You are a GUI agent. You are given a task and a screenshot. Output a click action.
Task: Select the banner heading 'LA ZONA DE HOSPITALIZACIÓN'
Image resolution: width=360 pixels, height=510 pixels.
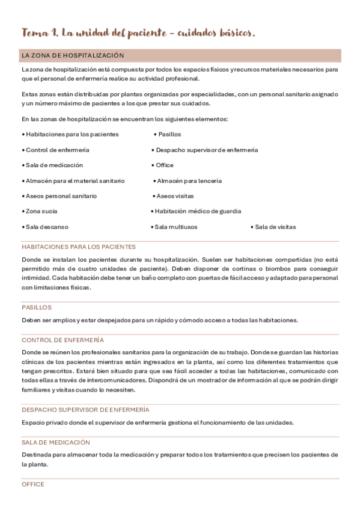click(73, 55)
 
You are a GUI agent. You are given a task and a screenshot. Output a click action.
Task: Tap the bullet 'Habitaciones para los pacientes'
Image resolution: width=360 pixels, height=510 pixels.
click(71, 134)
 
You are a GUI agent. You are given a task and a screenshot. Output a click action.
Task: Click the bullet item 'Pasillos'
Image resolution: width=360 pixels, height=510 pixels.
click(168, 134)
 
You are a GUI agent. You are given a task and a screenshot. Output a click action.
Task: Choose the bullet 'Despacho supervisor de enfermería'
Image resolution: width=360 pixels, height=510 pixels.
click(205, 150)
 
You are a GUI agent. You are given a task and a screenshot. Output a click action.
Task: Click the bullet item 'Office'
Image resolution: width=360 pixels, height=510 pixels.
click(163, 165)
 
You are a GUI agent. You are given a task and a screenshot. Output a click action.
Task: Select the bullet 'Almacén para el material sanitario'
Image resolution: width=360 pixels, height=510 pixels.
click(74, 180)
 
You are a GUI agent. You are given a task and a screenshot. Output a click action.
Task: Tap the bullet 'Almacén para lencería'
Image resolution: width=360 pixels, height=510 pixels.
click(188, 180)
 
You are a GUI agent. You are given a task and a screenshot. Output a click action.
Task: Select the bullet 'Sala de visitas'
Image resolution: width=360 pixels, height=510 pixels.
click(273, 227)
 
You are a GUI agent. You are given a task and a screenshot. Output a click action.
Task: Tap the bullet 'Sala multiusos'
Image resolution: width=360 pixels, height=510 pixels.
click(174, 227)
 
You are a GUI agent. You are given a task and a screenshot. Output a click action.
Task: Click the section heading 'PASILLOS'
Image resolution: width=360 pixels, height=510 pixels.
click(37, 307)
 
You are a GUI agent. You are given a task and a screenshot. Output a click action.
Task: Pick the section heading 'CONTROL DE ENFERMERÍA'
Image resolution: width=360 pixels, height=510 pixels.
click(63, 340)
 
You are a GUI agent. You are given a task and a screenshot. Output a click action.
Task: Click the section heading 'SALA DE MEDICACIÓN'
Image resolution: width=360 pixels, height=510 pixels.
click(56, 442)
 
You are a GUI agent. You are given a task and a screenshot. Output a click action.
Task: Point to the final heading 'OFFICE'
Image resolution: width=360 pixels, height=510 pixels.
click(33, 484)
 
